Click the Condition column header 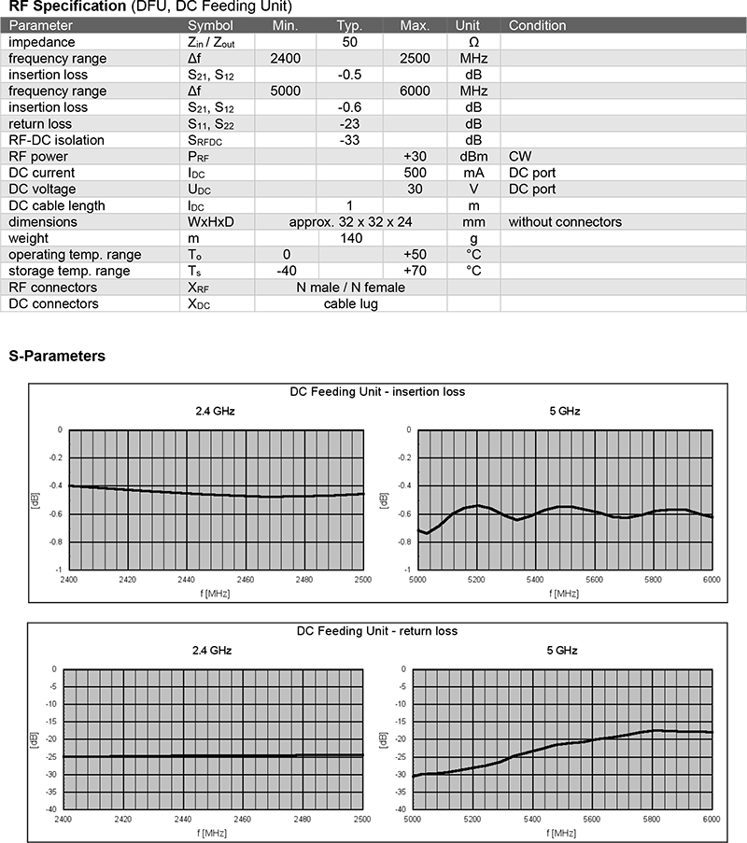[x=538, y=25]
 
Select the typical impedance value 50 [x=350, y=42]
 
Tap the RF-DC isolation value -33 [x=350, y=140]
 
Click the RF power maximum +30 [x=414, y=157]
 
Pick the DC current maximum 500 [x=415, y=173]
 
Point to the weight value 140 [x=350, y=238]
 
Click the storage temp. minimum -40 [x=286, y=271]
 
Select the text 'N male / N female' [x=350, y=288]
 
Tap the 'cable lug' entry [x=350, y=303]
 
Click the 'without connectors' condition [x=565, y=222]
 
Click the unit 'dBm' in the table [x=472, y=157]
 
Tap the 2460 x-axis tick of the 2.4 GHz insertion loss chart [x=244, y=580]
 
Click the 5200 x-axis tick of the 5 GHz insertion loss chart [x=476, y=580]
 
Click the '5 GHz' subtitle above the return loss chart [x=564, y=650]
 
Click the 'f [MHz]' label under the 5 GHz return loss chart [x=563, y=832]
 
